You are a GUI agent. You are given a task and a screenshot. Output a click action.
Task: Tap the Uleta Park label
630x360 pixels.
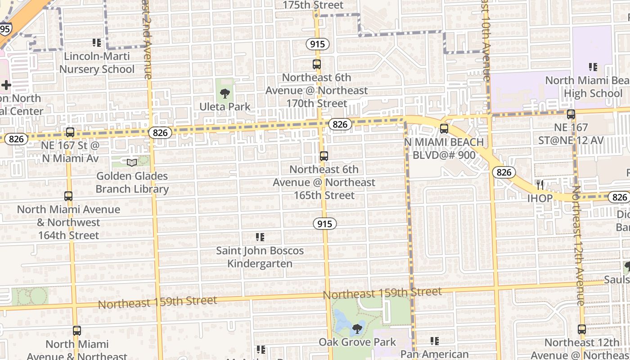point(225,107)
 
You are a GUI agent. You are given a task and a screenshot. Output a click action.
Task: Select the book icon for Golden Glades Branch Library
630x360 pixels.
point(132,162)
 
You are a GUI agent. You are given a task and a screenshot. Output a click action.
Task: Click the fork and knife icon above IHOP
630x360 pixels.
point(540,184)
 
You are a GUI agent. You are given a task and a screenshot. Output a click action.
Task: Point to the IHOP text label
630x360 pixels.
point(540,198)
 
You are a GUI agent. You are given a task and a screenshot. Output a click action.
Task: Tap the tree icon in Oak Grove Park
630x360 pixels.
point(357,329)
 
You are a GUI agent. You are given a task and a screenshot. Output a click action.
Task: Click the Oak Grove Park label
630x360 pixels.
point(357,342)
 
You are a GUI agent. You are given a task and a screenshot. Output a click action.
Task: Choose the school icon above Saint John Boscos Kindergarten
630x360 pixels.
point(260,237)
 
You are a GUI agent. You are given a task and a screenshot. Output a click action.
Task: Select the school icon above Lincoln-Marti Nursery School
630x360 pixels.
point(97,43)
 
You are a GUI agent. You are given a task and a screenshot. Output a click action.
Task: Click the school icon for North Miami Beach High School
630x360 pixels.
point(593,67)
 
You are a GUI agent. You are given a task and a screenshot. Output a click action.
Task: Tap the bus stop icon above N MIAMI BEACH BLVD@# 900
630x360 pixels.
point(444,129)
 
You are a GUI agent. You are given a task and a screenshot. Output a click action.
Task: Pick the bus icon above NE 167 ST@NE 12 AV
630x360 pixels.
point(571,114)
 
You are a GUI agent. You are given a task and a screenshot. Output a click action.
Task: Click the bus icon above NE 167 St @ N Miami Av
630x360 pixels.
point(70,132)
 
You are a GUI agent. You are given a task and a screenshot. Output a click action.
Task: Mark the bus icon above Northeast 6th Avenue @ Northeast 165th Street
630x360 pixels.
point(324,156)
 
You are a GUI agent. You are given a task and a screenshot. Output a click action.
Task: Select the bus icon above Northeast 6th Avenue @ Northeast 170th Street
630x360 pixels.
point(317,64)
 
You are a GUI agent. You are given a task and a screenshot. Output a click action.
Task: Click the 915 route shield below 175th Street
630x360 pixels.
point(318,44)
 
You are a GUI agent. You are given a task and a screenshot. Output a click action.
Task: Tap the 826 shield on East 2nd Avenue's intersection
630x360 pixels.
point(160,132)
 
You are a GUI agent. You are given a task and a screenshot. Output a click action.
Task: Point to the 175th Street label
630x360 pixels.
point(313,5)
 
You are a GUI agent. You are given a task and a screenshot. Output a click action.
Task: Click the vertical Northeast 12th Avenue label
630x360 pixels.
point(578,245)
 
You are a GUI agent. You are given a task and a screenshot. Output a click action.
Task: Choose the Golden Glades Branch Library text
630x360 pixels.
point(132,182)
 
